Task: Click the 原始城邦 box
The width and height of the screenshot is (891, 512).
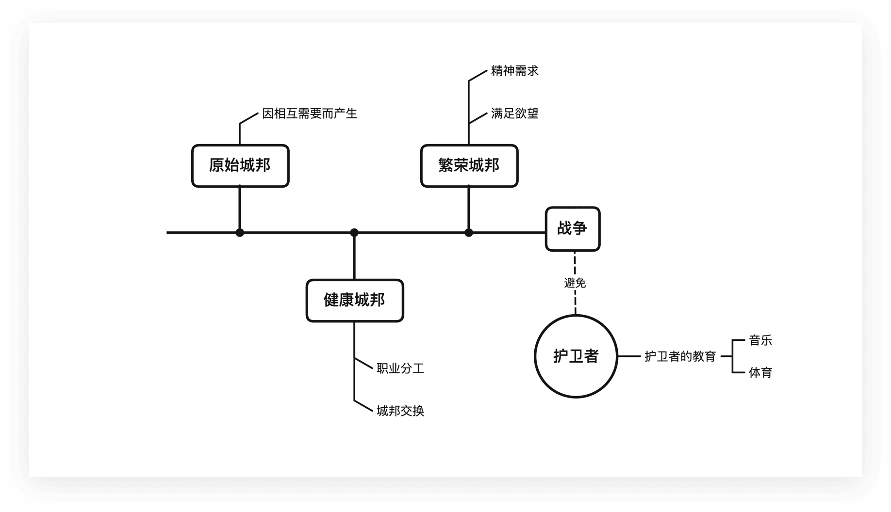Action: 240,166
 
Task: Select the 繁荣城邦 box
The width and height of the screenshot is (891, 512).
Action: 469,166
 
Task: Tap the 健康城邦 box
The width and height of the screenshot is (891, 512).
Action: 354,300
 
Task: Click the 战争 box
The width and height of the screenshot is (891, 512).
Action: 573,229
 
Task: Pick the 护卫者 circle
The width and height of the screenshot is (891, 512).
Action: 576,356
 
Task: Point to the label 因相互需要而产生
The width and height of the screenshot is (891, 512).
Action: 310,113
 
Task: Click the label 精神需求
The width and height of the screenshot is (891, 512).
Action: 514,71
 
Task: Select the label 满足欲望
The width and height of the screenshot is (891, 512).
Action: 514,113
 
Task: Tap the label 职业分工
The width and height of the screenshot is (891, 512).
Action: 400,368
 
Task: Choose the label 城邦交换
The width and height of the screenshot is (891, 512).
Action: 400,411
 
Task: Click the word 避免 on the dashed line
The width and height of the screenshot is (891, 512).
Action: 575,283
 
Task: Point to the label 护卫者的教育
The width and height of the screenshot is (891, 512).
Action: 680,356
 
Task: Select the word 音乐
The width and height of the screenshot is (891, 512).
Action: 760,340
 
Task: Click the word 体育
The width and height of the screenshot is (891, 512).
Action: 760,372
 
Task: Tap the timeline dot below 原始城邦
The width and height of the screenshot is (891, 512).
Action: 240,233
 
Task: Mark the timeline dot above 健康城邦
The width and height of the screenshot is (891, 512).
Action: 354,233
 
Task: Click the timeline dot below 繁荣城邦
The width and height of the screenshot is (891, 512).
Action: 468,233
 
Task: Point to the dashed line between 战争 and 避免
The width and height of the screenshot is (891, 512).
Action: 575,263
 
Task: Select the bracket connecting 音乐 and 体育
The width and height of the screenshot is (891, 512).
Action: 732,356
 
